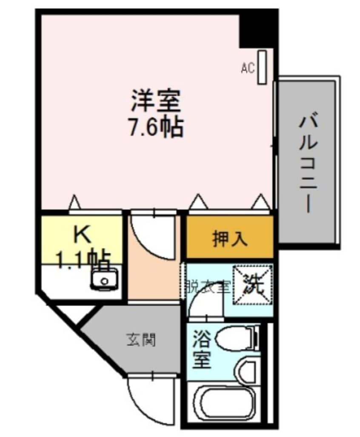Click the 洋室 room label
(156, 100)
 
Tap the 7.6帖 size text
(156, 126)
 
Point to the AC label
(248, 68)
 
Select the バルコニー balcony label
(308, 164)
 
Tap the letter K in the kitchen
(82, 234)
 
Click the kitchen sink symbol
(103, 279)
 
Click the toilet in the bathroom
(236, 339)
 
